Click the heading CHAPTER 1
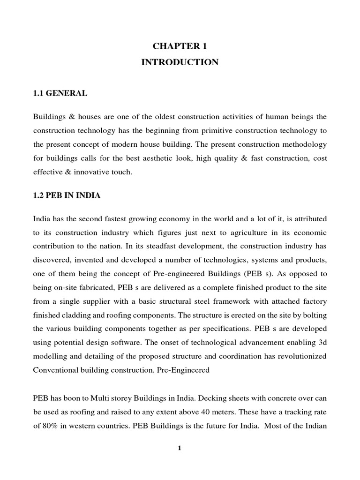(180, 46)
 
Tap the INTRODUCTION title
(180, 62)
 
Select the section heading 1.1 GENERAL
(60, 93)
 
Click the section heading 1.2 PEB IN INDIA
(67, 195)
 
